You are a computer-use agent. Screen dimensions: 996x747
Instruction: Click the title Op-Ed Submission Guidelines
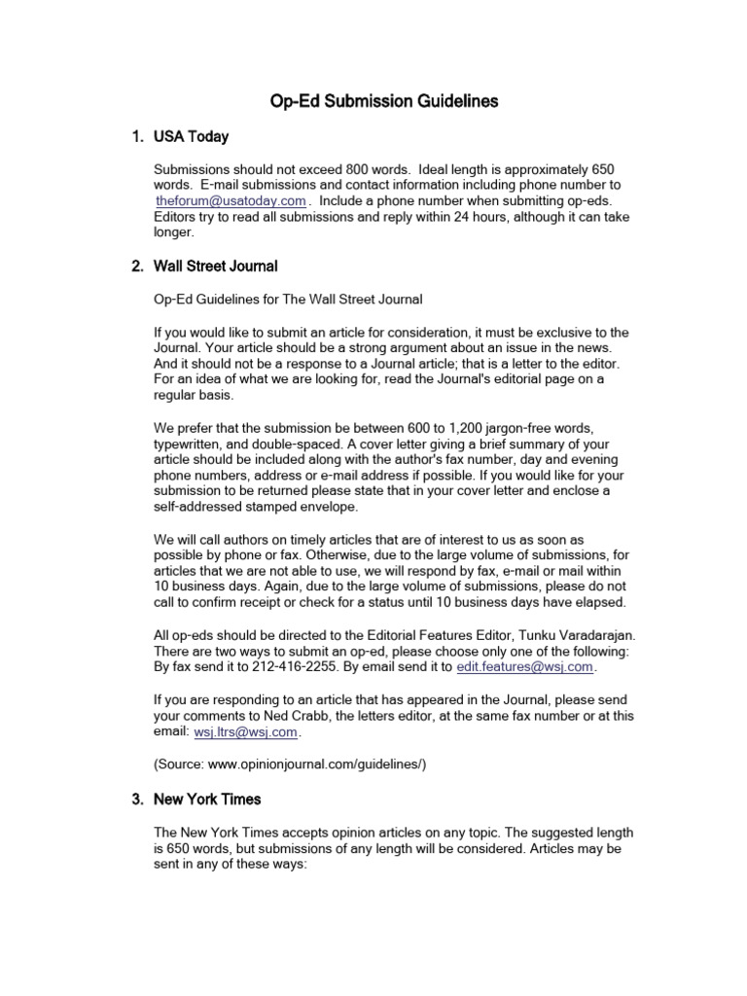[x=383, y=100]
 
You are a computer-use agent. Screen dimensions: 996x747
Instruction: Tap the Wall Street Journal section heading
[x=215, y=266]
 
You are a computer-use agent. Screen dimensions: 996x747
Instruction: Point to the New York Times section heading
[x=207, y=800]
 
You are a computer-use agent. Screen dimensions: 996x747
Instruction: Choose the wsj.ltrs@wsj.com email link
[x=246, y=731]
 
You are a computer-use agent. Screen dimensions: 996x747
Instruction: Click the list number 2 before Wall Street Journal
[x=136, y=266]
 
